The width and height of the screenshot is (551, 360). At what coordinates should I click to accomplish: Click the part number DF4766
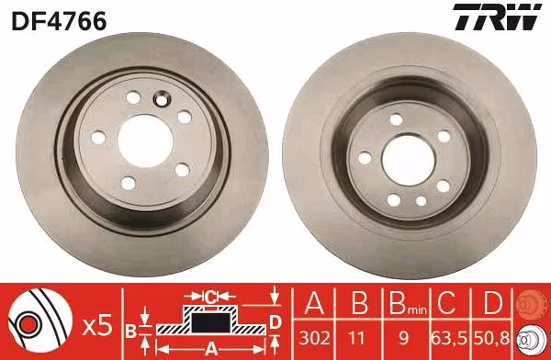(x=59, y=21)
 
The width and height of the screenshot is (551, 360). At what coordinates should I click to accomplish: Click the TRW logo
(x=497, y=17)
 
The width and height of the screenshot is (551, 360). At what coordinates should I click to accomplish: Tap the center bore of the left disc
(x=145, y=141)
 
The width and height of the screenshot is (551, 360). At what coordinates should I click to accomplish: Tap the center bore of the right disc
(x=409, y=160)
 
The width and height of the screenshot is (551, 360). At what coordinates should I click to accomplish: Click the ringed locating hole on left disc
(x=162, y=99)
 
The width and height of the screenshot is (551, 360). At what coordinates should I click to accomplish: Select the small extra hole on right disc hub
(x=421, y=201)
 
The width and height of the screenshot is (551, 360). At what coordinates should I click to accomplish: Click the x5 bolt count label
(x=97, y=325)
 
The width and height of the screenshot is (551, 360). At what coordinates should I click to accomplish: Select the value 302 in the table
(x=314, y=338)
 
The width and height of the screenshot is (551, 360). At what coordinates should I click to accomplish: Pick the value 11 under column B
(x=358, y=338)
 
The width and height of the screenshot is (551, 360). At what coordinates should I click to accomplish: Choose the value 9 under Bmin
(x=404, y=338)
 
